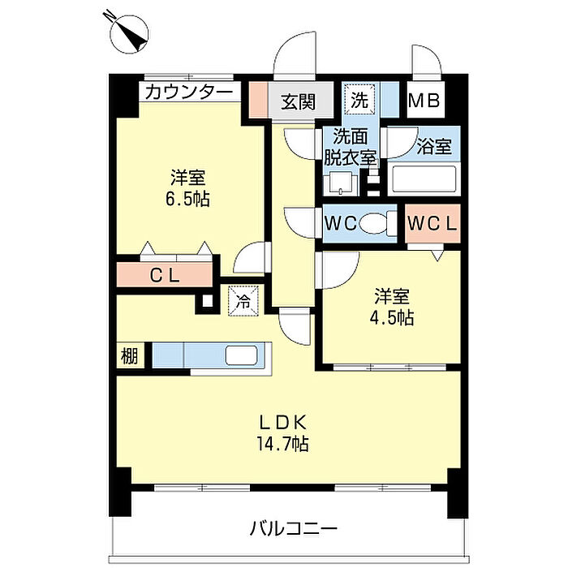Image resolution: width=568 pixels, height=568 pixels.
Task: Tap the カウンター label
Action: click(189, 92)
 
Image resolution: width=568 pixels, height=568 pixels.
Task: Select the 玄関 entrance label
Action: click(299, 101)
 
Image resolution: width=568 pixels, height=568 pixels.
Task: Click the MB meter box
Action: click(424, 100)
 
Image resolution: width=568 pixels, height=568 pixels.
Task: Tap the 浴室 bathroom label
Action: click(434, 146)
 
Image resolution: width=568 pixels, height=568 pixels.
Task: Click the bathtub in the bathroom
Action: click(424, 179)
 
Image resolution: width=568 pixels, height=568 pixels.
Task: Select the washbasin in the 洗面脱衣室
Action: click(340, 183)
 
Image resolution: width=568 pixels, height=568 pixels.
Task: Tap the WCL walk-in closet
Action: click(432, 223)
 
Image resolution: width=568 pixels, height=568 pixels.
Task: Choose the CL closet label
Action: click(165, 276)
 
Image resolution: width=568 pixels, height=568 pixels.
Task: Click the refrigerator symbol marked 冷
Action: click(243, 300)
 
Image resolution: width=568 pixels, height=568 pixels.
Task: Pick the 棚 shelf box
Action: click(130, 355)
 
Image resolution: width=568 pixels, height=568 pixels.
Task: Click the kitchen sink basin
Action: click(241, 355)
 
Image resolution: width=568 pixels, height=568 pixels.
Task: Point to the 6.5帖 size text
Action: click(187, 199)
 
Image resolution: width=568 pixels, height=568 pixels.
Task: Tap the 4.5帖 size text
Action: click(392, 318)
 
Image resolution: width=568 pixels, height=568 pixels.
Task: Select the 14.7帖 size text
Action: click(283, 443)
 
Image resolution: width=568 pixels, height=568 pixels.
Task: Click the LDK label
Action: click(283, 422)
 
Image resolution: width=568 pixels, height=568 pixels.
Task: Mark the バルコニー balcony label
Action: click(294, 528)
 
